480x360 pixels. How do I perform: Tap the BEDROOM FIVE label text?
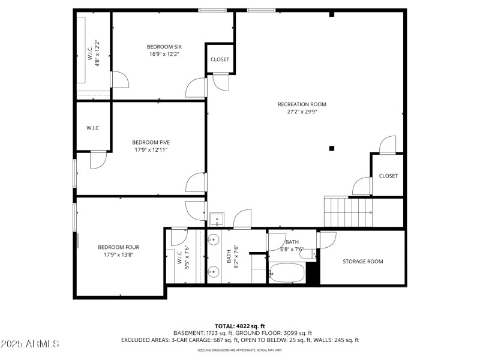tap(151, 142)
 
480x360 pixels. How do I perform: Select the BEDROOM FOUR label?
tap(119, 247)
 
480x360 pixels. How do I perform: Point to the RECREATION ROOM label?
tap(302, 104)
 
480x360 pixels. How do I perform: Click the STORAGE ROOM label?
tap(362, 261)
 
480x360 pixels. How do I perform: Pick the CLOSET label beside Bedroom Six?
tap(220, 59)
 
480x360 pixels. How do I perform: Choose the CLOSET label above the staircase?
tap(388, 176)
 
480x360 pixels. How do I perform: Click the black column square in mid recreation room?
tap(331, 148)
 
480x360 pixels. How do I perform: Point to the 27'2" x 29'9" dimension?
tap(302, 112)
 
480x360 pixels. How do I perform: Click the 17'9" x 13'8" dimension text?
tap(119, 254)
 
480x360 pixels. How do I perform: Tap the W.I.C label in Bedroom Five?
tap(92, 127)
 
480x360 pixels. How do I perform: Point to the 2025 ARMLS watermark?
tap(30, 344)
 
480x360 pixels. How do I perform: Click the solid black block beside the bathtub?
tap(312, 274)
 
